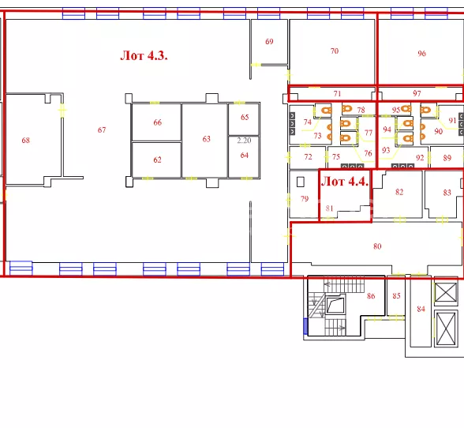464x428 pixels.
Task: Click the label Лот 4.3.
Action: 144,55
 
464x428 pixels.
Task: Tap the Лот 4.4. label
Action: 345,182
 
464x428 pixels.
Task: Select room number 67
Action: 102,130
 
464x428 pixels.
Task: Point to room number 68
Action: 26,140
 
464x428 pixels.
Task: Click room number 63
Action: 206,139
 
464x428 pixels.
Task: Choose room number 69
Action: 269,42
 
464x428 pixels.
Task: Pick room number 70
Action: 335,51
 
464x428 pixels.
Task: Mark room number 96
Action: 421,54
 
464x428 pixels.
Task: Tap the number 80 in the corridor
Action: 377,246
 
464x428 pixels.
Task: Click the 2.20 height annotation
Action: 244,141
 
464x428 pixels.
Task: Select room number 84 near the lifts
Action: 421,309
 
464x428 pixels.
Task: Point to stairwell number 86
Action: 371,295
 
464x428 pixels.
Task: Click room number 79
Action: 305,198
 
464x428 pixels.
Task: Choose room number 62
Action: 158,160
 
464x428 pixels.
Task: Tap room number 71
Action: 338,94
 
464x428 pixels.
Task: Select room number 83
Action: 447,193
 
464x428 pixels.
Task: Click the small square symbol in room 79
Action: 301,182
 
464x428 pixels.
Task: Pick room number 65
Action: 245,117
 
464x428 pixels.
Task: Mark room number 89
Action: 447,158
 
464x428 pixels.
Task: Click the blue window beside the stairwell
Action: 305,326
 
